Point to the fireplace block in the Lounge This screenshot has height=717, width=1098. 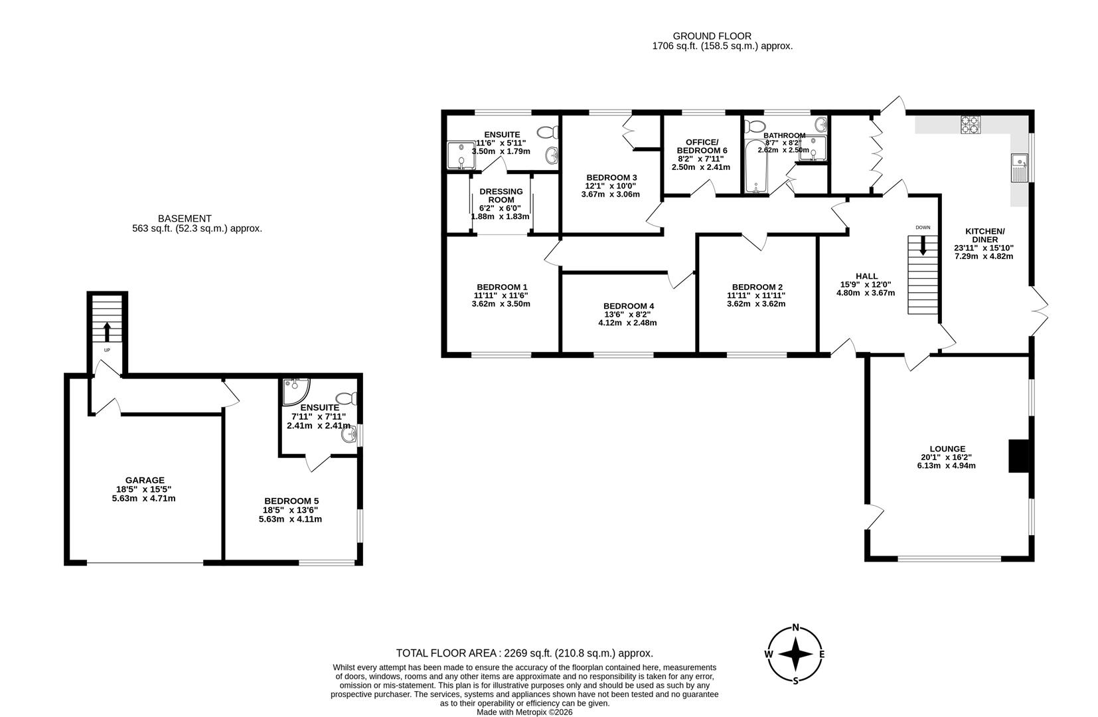(1018, 456)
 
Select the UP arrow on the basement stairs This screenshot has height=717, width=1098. (107, 331)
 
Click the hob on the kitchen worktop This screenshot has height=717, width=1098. (971, 125)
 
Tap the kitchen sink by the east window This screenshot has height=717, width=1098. (1018, 167)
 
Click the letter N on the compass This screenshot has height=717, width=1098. (795, 627)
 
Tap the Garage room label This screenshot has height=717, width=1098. (144, 480)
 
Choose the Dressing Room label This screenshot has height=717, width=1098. (501, 195)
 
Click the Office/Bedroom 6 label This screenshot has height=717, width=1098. (702, 146)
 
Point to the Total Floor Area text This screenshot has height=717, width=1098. (524, 653)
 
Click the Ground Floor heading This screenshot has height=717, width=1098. (712, 37)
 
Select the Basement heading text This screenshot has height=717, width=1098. (185, 218)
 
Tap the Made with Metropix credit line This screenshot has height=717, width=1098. (524, 712)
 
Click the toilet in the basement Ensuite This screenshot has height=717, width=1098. (349, 398)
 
